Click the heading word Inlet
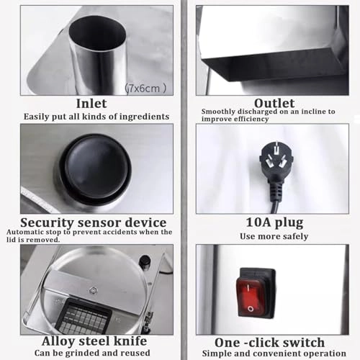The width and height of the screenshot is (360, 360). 91,104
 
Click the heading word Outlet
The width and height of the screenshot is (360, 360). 274,104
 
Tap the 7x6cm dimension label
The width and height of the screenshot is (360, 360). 145,89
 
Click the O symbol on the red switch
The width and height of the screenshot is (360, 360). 251,309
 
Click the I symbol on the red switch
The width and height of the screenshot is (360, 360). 248,287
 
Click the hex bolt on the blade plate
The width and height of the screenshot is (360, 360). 92,290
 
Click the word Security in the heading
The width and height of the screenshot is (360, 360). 47,223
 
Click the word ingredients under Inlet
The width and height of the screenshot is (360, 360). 145,117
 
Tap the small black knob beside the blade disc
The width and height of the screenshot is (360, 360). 144,261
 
